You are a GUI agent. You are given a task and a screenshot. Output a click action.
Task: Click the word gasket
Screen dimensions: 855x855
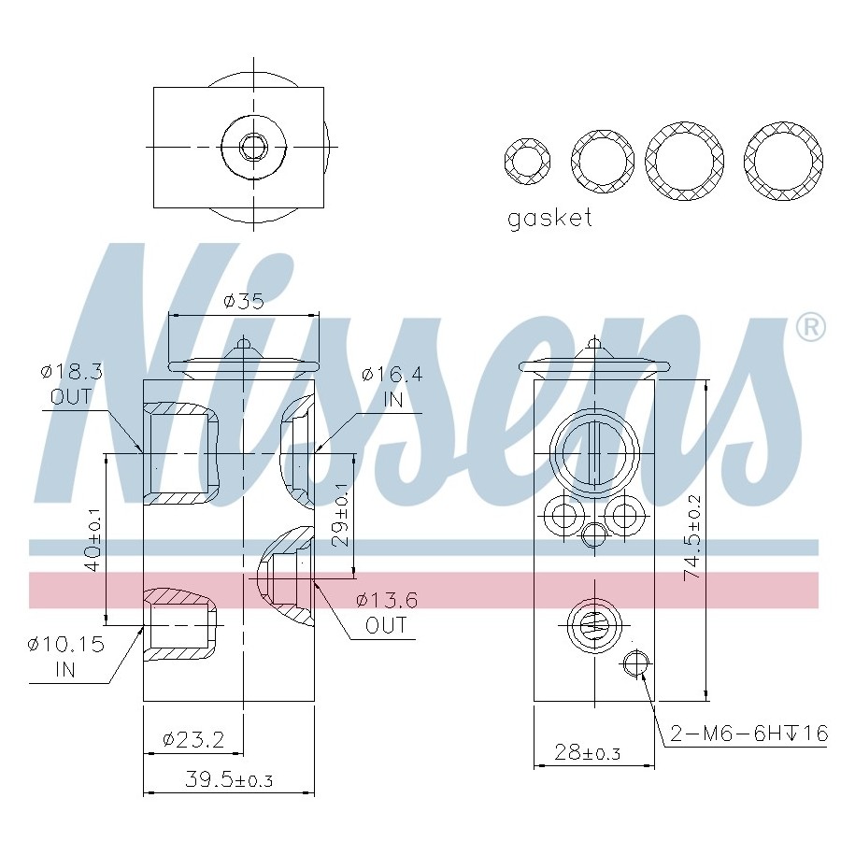549,219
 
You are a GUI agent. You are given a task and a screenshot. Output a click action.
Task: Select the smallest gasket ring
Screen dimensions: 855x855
527,160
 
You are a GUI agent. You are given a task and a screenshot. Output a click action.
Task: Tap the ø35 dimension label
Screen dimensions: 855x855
244,301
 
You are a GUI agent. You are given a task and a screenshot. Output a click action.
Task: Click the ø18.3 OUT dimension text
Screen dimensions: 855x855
71,383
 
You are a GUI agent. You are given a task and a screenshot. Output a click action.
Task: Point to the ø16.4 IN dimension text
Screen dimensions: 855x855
392,387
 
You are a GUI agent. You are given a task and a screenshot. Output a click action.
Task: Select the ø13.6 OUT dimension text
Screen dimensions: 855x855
387,613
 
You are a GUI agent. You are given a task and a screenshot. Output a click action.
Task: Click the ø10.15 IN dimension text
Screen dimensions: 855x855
65,656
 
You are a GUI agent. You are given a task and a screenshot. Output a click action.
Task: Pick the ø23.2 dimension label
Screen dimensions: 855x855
192,739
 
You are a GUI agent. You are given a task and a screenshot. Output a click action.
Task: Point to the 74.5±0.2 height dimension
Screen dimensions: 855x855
692,538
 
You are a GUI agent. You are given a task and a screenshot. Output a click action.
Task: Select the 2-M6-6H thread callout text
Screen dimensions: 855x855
748,734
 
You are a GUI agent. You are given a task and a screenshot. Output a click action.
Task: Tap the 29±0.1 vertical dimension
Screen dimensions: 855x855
340,515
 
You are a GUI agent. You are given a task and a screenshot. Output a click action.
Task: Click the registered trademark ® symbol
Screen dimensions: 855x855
809,326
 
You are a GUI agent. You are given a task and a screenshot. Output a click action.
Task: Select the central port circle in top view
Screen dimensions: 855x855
252,147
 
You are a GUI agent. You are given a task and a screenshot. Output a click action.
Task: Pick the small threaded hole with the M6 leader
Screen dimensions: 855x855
635,663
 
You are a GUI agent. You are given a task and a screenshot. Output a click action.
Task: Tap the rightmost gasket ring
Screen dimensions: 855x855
783,160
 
